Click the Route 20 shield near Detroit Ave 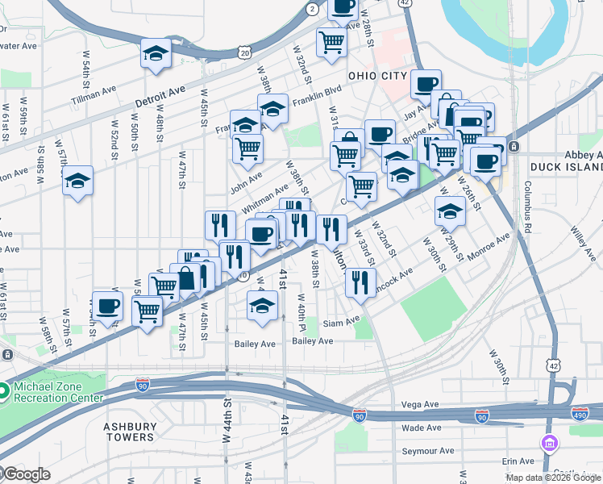pos(243,52)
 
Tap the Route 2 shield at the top pos(312,8)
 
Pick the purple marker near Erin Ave pos(550,443)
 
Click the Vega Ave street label pos(420,404)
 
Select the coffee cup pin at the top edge pos(343,8)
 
